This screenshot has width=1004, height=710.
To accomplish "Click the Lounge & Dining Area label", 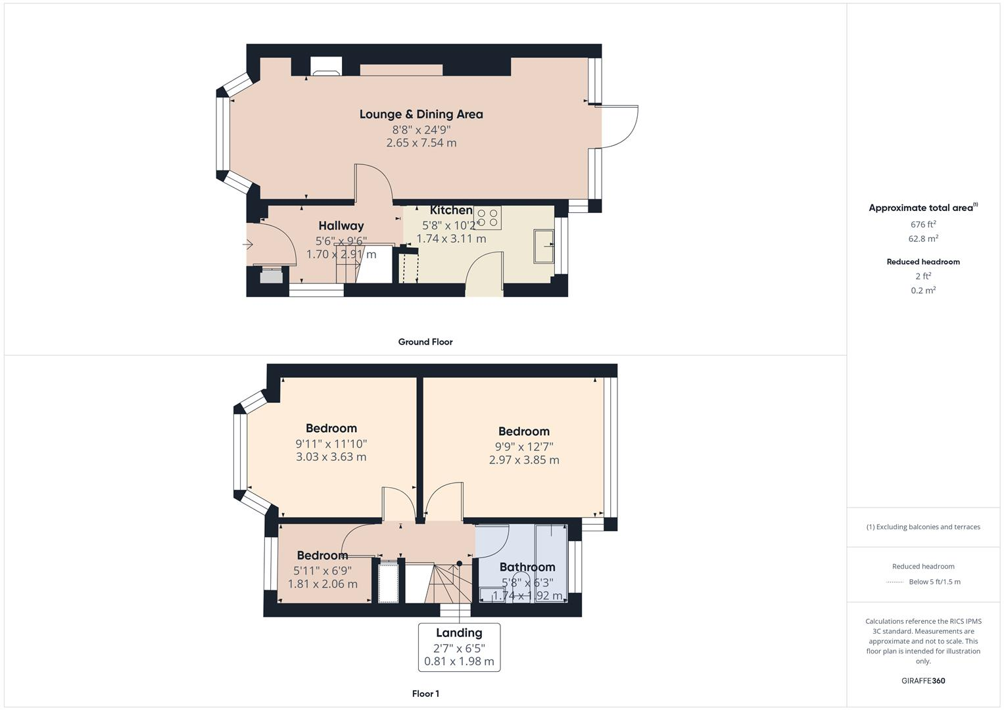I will (421, 114).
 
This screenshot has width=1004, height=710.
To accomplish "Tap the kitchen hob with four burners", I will (487, 218).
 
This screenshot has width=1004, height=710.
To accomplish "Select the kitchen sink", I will (544, 246).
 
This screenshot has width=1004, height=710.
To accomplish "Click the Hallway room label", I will (341, 226).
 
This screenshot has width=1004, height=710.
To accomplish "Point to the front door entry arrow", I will (248, 245).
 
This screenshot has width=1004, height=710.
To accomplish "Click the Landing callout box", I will (459, 647).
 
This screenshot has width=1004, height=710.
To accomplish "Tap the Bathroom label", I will (527, 567).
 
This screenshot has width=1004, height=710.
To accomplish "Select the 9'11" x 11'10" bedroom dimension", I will (331, 444).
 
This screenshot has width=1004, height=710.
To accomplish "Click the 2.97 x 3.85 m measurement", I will (523, 460).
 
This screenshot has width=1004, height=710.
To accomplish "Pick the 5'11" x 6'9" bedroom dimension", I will (322, 571).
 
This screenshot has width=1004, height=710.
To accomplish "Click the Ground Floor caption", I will (425, 342).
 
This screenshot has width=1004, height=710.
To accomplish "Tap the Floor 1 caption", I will (425, 694).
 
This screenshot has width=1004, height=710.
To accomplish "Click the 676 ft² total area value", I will (922, 224).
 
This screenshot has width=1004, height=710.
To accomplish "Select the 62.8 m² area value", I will (922, 239).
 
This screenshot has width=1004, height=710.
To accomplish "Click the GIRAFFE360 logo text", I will (922, 680).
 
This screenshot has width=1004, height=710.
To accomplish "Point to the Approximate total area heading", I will (922, 208).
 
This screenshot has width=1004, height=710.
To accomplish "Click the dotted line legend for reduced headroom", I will (895, 582).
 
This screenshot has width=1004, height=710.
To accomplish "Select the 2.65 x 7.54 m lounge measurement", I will (421, 143).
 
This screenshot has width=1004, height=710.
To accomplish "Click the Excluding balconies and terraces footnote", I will (922, 527).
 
